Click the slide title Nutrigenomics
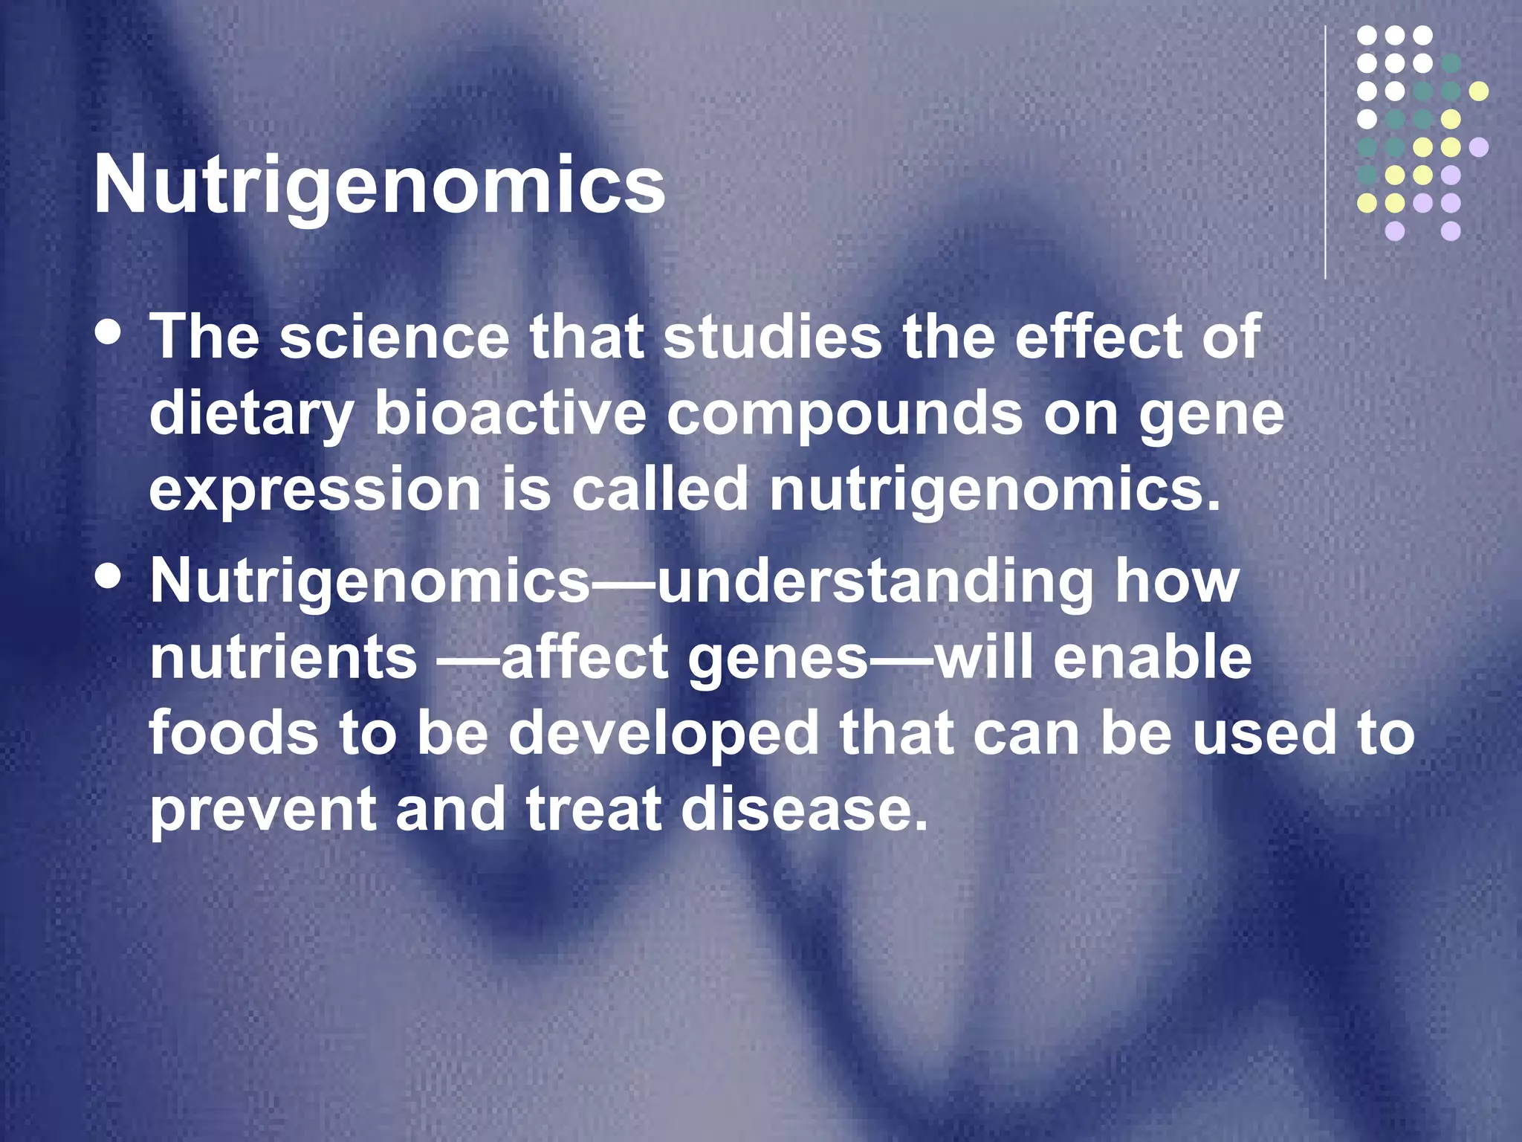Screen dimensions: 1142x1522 (379, 186)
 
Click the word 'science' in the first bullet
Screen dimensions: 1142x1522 (394, 337)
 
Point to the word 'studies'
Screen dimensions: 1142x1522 (772, 337)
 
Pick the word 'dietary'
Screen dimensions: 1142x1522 (251, 415)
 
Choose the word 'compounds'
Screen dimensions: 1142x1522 (844, 415)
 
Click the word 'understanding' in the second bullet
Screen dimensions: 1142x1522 (875, 581)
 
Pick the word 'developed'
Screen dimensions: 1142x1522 (663, 735)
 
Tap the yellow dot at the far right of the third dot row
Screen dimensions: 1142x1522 (1479, 91)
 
